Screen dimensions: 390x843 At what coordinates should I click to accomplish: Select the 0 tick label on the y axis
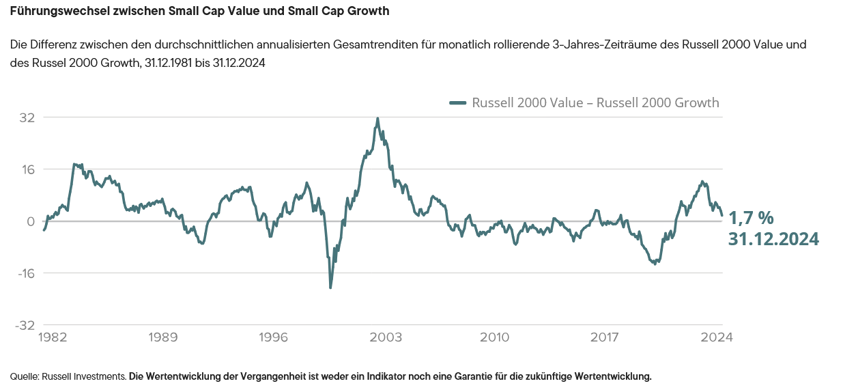coord(29,221)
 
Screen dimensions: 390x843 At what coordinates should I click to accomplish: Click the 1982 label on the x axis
coord(53,337)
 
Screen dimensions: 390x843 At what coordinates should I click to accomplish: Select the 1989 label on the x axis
coord(163,337)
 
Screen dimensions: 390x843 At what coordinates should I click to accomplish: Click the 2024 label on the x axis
coord(716,337)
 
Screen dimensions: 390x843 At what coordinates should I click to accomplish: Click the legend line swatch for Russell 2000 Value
coord(457,103)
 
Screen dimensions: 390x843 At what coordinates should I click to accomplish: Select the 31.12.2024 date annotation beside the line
coord(773,239)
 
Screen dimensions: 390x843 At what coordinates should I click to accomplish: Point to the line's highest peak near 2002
coord(377,118)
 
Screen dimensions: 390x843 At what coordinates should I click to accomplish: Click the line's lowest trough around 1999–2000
coord(330,288)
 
